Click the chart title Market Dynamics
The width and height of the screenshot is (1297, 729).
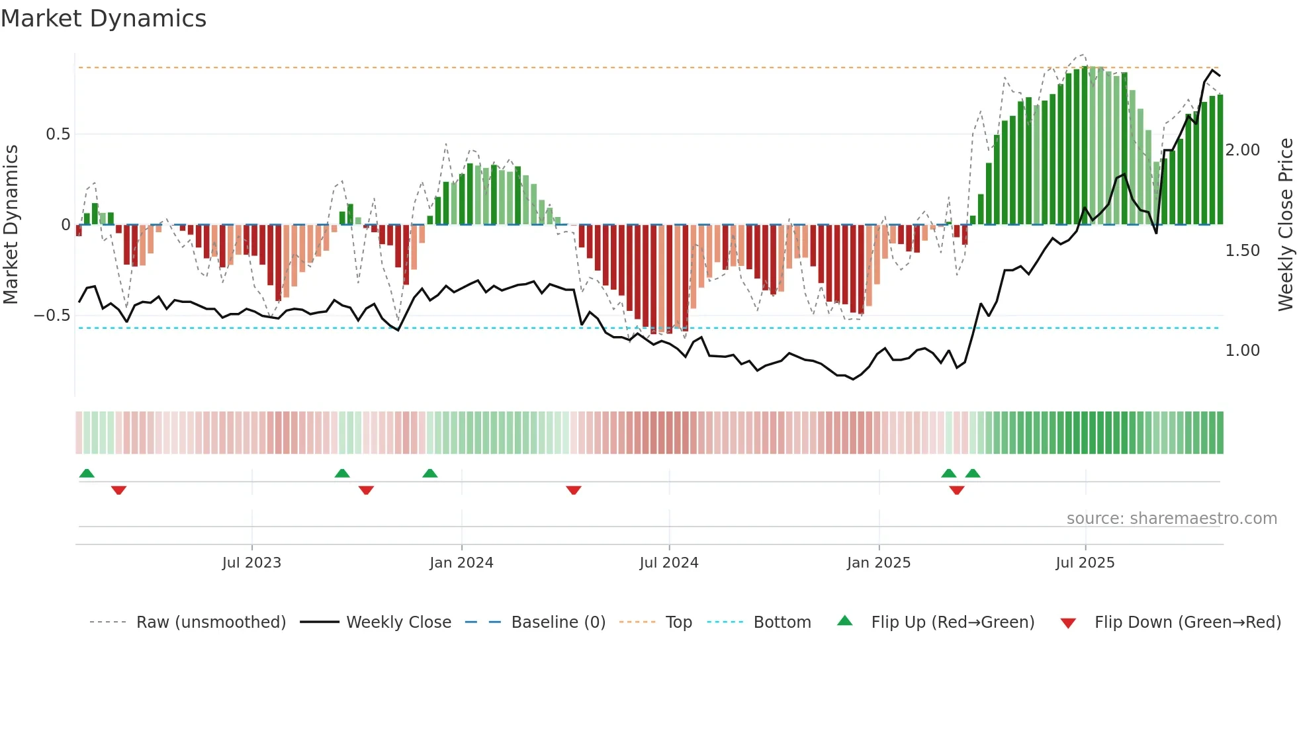point(104,19)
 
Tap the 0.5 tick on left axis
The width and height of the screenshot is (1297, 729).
point(58,134)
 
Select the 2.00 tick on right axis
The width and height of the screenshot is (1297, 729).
point(1242,150)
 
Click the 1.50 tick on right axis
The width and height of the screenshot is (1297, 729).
point(1242,251)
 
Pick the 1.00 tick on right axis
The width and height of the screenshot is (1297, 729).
point(1242,351)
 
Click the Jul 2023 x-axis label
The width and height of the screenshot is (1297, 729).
point(251,563)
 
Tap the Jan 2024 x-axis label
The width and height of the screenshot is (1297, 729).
point(461,563)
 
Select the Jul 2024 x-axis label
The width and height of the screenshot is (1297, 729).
point(669,563)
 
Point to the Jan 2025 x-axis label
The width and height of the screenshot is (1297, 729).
point(879,563)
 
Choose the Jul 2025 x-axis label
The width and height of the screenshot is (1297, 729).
point(1085,563)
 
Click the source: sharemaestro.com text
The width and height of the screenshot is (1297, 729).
point(1171,519)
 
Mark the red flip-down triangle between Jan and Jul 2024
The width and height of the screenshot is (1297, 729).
point(574,490)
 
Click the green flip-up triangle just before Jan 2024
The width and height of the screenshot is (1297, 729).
point(430,473)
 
